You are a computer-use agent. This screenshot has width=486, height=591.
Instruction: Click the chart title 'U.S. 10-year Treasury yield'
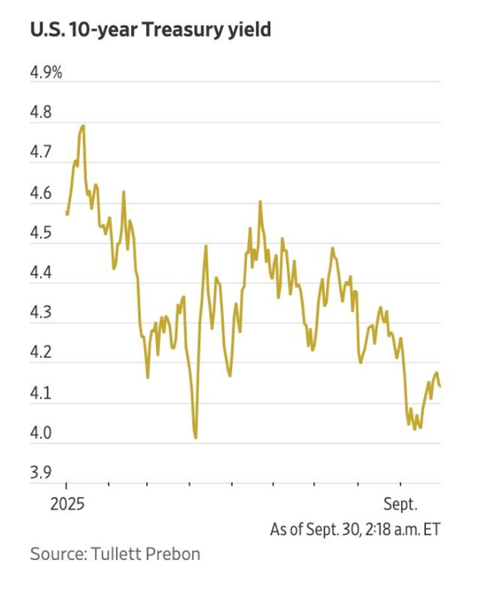pos(150,31)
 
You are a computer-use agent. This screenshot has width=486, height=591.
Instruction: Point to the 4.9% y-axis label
pos(46,73)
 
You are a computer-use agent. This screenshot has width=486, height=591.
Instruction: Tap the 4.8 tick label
pos(41,113)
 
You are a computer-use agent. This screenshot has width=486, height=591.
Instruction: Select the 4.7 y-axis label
pos(41,153)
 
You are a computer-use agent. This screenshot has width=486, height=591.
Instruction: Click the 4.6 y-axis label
pos(41,194)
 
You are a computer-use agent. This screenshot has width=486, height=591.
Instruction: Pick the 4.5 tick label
pos(41,234)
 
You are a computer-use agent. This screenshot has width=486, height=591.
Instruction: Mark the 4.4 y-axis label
pos(41,274)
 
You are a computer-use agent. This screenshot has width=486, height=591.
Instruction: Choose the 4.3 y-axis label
pos(41,314)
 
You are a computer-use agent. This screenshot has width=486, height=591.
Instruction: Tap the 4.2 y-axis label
pos(41,354)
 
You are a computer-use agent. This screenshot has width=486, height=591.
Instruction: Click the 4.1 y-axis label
pos(41,394)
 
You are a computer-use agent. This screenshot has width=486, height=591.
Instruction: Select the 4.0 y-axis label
pos(41,434)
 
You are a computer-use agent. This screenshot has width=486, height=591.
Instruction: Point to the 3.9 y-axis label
pos(41,474)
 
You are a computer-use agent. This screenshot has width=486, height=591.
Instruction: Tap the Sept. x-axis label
pos(400,505)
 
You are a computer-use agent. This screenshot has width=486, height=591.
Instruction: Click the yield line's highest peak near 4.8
pos(82,125)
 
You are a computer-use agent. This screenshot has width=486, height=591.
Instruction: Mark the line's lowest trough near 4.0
pos(195,437)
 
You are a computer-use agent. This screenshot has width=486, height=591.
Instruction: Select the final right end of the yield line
pos(440,385)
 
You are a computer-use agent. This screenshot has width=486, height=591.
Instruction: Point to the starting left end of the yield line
pos(67,213)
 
